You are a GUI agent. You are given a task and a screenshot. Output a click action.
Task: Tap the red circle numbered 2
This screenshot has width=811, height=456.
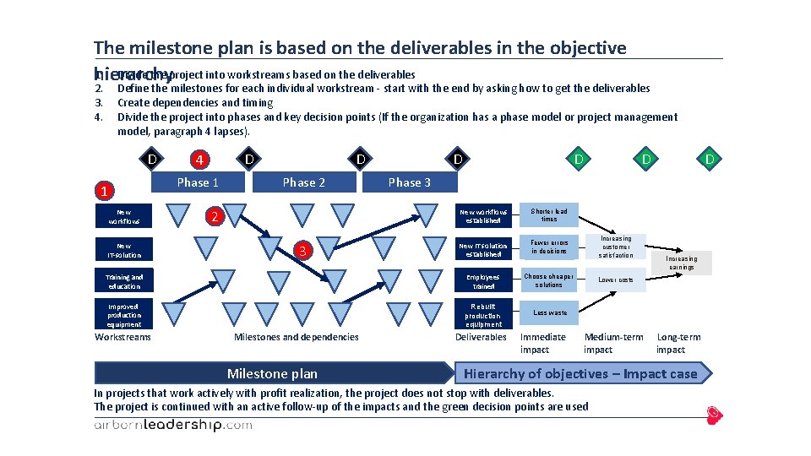215,218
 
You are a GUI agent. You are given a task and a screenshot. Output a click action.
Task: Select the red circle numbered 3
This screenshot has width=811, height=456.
309,250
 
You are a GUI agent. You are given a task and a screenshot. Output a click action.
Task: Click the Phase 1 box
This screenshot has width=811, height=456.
198,182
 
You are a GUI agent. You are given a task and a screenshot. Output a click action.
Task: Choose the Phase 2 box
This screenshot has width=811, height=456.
304,182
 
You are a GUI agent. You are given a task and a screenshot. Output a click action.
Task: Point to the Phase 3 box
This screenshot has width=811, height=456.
409,182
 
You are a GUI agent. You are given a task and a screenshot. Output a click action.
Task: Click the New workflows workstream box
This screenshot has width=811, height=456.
124,217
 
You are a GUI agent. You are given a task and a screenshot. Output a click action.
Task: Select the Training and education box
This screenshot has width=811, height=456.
124,281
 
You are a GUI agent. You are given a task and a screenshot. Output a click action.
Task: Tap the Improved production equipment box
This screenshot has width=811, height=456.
124,314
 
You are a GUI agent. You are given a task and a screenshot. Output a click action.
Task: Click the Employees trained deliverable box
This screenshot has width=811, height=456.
484,281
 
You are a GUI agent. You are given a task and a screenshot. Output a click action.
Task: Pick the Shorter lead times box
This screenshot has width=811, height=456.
549,215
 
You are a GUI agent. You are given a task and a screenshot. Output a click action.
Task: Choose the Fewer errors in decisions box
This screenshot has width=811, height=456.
549,247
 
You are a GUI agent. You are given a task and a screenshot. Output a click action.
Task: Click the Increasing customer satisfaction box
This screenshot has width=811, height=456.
616,247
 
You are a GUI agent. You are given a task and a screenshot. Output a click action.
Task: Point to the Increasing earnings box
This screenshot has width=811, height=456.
681,263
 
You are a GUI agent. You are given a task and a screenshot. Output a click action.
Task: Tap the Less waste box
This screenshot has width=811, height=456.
549,312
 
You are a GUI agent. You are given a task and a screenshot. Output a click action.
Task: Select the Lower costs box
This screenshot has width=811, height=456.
616,280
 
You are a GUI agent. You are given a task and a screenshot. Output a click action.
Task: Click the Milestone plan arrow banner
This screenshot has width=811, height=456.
273,373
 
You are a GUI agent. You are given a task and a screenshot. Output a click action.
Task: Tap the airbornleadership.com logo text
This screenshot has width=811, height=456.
172,425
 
